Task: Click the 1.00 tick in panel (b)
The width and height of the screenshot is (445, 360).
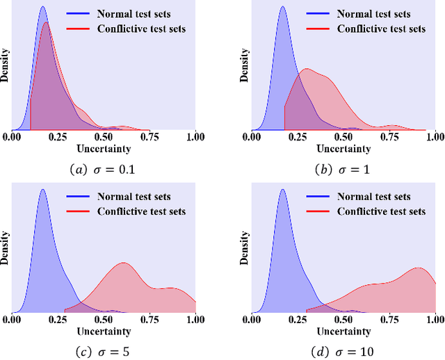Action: (x=434, y=137)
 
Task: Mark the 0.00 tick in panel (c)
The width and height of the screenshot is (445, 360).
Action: (x=12, y=320)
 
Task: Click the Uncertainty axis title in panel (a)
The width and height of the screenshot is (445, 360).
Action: (x=104, y=147)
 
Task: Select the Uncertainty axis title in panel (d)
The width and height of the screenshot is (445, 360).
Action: (x=344, y=330)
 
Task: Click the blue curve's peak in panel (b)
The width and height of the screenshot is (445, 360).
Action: (x=282, y=8)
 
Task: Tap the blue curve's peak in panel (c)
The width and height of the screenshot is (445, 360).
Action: (x=42, y=189)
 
